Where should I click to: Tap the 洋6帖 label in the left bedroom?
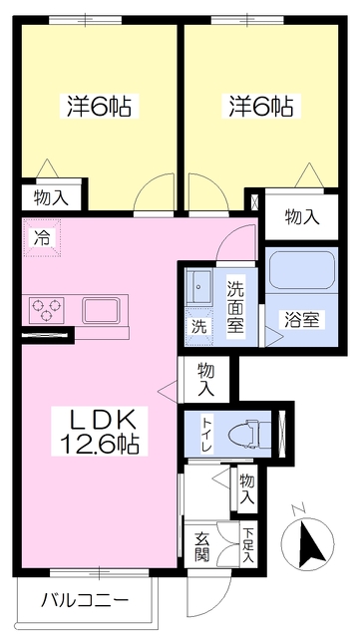(101, 105)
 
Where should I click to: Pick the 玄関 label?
(202, 547)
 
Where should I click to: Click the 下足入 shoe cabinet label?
(247, 547)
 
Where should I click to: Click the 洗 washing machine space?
(199, 325)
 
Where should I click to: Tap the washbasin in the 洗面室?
(200, 286)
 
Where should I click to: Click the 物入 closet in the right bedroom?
(301, 216)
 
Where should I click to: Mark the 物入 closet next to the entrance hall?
(247, 487)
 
